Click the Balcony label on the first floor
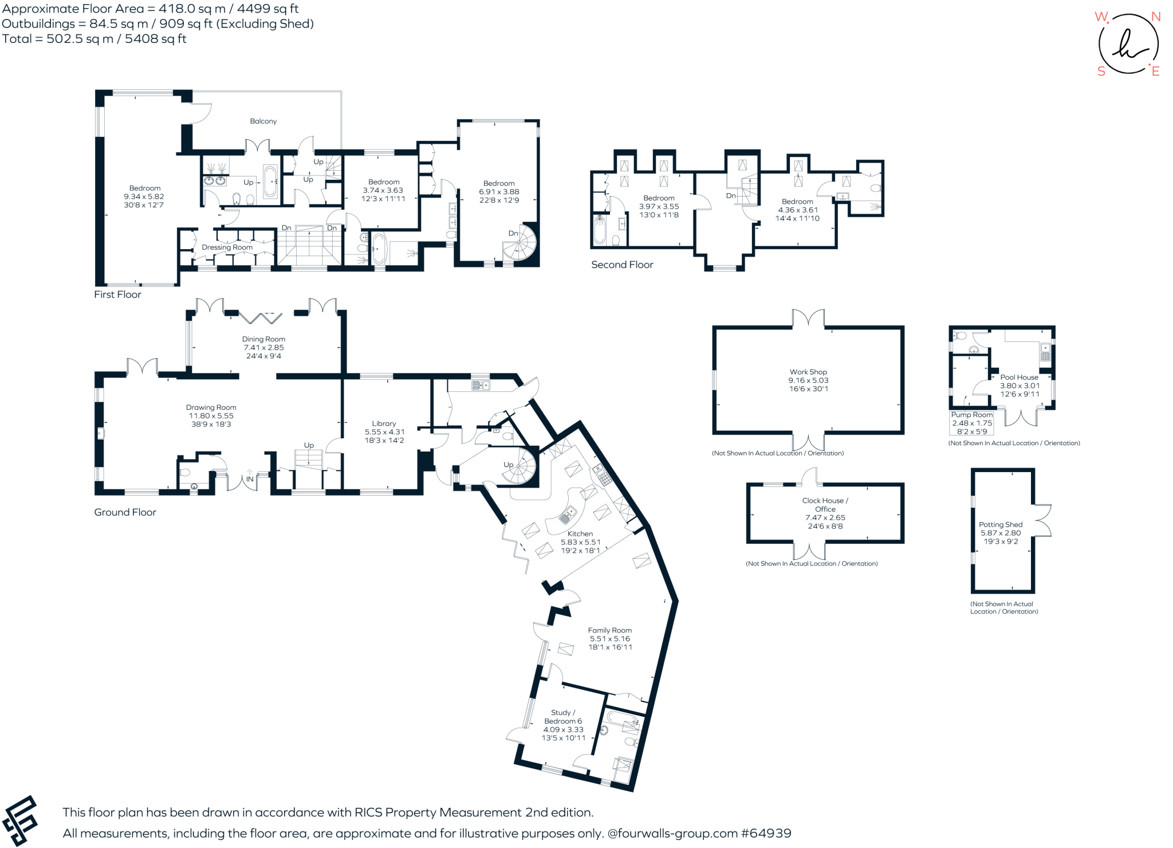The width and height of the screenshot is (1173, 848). tap(263, 121)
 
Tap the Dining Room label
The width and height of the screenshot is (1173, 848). tap(263, 339)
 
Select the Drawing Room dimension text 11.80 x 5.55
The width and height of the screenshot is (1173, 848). tap(211, 416)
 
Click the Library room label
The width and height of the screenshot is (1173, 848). tap(384, 423)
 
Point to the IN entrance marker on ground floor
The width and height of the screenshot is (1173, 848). tap(250, 479)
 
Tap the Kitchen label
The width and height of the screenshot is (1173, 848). tap(580, 533)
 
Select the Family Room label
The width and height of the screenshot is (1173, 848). tap(609, 630)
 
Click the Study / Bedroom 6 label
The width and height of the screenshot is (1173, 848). tap(563, 717)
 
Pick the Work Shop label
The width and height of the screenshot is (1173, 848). tap(808, 372)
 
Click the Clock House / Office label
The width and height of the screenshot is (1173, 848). tap(825, 505)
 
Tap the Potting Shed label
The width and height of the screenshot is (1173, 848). tap(1001, 524)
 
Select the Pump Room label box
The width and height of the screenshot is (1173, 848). tap(971, 423)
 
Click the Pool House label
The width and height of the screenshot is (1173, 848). tap(1019, 377)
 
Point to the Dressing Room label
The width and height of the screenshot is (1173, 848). tap(227, 248)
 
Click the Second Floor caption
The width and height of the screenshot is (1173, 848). tap(622, 265)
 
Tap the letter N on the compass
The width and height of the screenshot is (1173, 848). tap(1156, 17)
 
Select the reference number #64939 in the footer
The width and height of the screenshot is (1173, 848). tap(766, 833)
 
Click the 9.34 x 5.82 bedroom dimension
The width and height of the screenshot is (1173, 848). tap(144, 197)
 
